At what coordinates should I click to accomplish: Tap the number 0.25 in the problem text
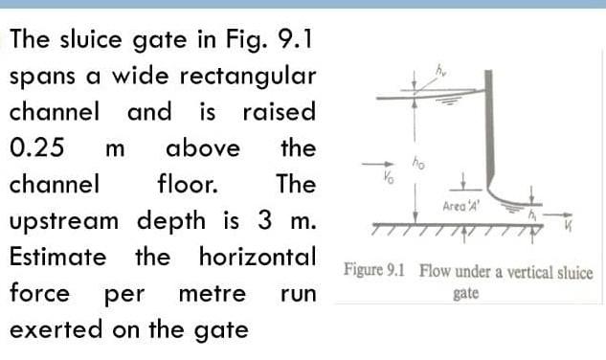click(x=37, y=148)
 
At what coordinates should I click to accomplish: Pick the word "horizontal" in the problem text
click(x=258, y=257)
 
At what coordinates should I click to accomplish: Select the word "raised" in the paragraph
click(x=280, y=112)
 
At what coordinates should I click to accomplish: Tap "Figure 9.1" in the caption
click(x=374, y=271)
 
